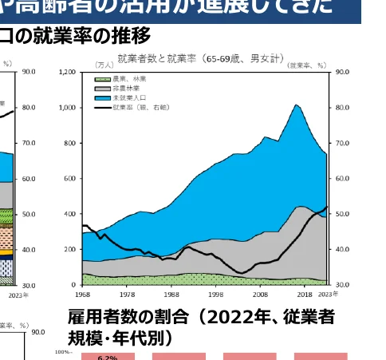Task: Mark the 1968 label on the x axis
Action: click(x=82, y=293)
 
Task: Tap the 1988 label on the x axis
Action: click(x=173, y=293)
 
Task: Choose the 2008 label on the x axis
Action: click(x=264, y=293)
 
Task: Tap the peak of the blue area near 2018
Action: click(x=296, y=105)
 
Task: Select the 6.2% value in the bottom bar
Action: click(x=108, y=358)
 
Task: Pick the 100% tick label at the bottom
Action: click(x=63, y=351)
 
